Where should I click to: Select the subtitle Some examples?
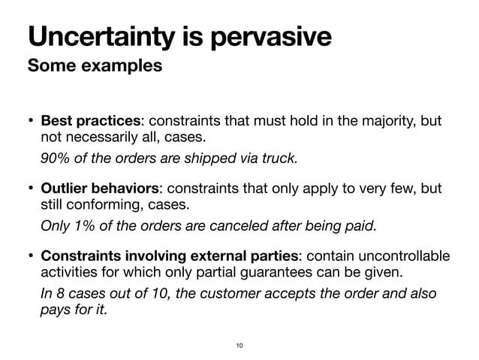point(95,65)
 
